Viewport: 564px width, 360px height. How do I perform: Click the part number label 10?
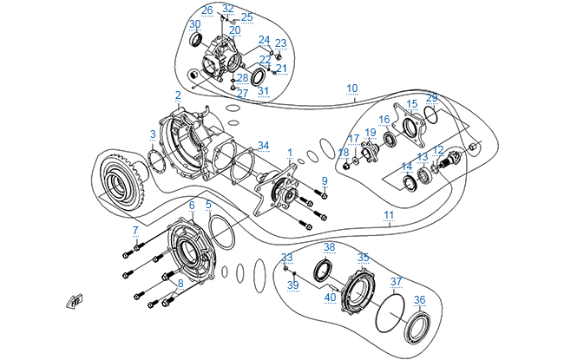tap(352, 88)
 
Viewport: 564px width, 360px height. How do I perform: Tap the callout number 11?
tap(389, 215)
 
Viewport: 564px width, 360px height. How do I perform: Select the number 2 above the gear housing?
tap(178, 95)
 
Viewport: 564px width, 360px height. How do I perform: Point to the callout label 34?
tap(263, 146)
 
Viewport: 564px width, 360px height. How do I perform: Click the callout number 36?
tap(419, 299)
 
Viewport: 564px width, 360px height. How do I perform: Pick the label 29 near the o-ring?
tap(431, 97)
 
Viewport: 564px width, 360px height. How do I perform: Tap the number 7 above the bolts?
tap(135, 231)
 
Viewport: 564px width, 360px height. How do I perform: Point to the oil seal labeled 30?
tap(196, 40)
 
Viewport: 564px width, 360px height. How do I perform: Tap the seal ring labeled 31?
tap(259, 77)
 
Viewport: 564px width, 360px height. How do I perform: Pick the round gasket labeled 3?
tap(156, 162)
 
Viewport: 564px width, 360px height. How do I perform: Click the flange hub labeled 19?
tap(369, 153)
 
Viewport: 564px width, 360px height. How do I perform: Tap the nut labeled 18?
tap(347, 167)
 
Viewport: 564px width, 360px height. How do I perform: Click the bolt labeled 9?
tap(321, 194)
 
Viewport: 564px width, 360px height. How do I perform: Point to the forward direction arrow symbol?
tap(75, 301)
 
